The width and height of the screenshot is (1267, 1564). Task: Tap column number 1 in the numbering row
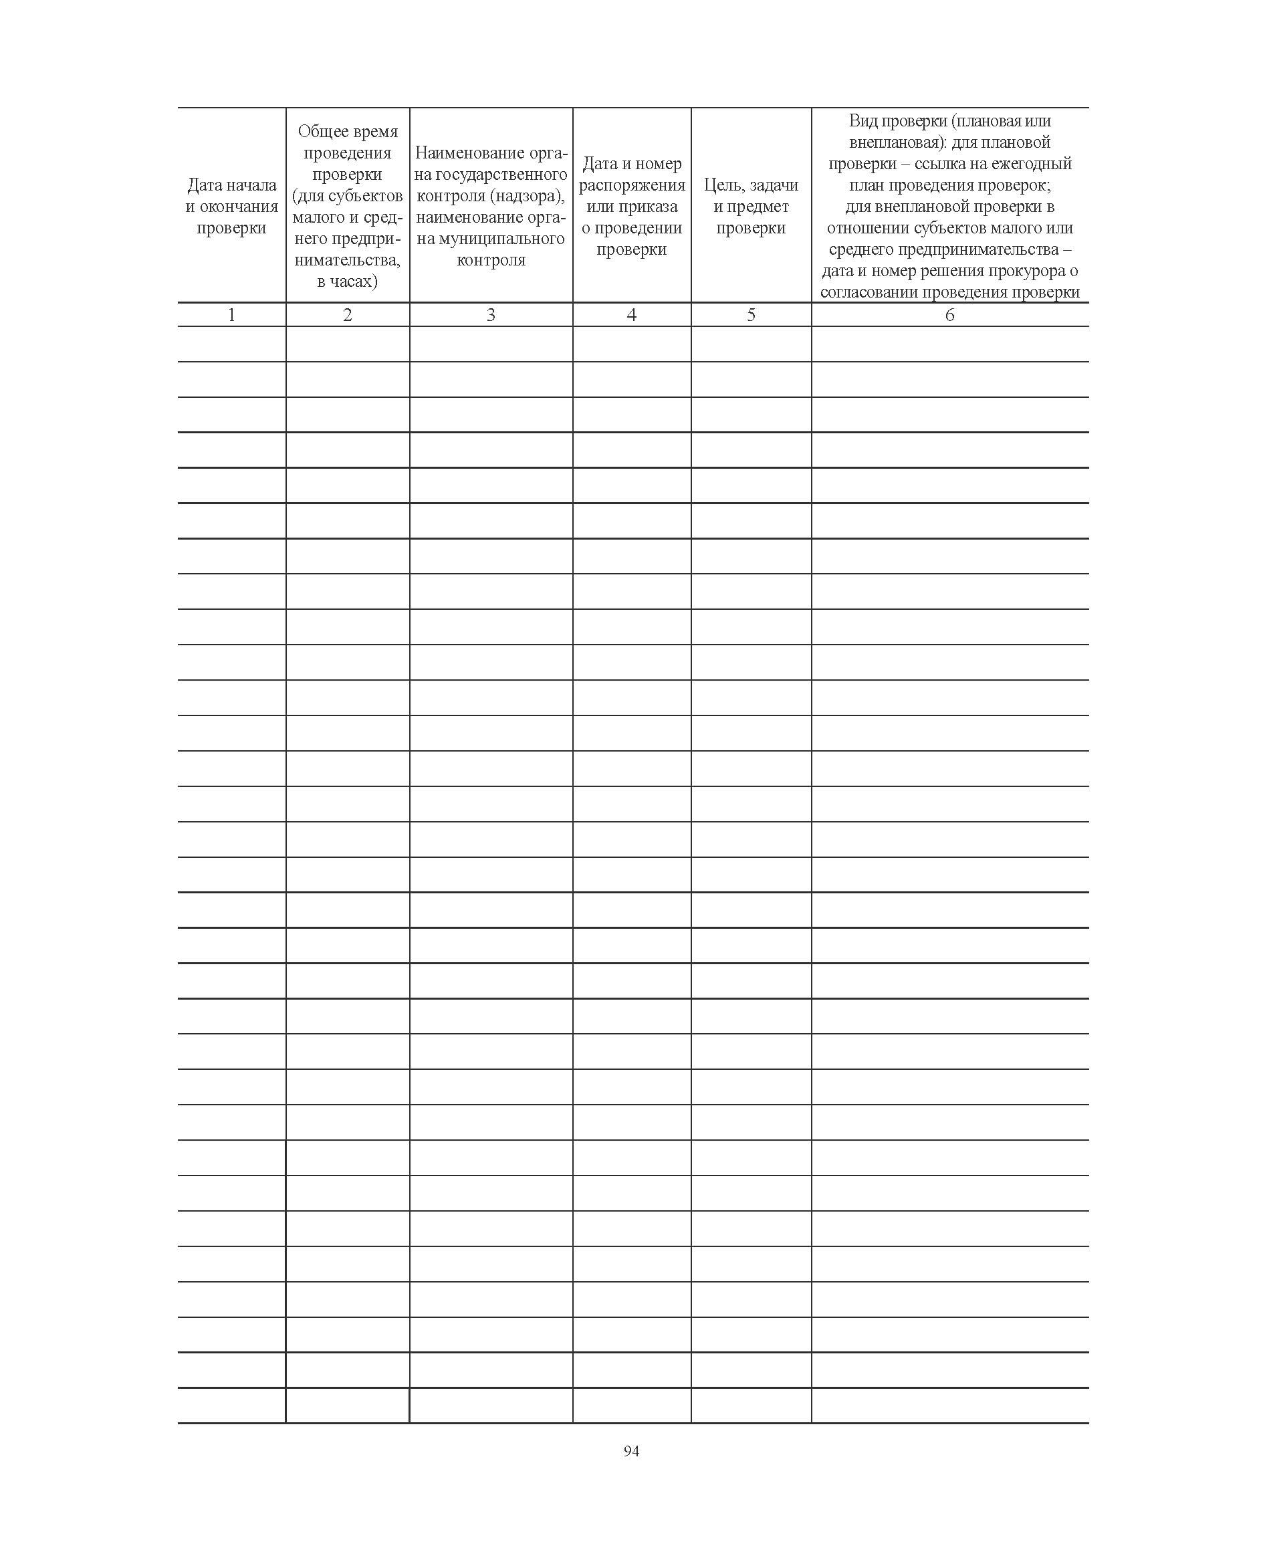tap(231, 314)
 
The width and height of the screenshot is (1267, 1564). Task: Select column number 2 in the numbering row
tap(348, 314)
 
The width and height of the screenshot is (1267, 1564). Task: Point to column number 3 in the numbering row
tap(491, 314)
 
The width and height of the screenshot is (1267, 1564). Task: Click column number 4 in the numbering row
tap(631, 314)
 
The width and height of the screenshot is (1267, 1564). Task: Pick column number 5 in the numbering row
tap(751, 314)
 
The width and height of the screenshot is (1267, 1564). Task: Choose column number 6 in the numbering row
tap(949, 314)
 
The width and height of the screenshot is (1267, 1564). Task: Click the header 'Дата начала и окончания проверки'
tap(231, 207)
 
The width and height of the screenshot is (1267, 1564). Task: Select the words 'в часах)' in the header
tap(348, 282)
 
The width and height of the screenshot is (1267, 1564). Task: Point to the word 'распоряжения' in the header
tap(632, 185)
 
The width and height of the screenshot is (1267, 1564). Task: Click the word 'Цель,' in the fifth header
tap(725, 185)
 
